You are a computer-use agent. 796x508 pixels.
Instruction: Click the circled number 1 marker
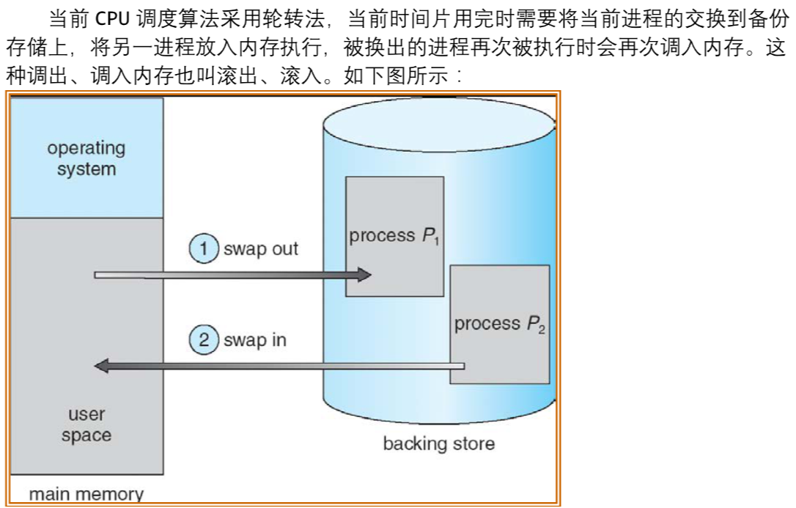point(204,249)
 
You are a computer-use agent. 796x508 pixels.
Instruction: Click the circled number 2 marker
point(204,340)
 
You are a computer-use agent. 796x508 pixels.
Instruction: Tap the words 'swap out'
point(261,249)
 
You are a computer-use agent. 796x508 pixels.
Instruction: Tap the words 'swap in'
point(255,340)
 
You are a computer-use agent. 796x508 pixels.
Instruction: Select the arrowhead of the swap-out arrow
point(364,276)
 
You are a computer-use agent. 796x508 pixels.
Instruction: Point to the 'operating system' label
point(86,158)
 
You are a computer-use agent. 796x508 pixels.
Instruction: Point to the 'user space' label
point(86,425)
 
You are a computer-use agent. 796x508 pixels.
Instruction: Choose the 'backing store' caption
point(438,443)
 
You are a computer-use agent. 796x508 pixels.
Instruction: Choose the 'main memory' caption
point(86,494)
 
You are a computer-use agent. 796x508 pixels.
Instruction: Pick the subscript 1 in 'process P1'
point(436,241)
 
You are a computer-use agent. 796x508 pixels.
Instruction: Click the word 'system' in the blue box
point(86,169)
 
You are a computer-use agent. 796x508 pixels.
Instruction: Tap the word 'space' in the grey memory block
point(86,435)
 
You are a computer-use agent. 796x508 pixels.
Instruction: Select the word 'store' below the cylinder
point(473,443)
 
